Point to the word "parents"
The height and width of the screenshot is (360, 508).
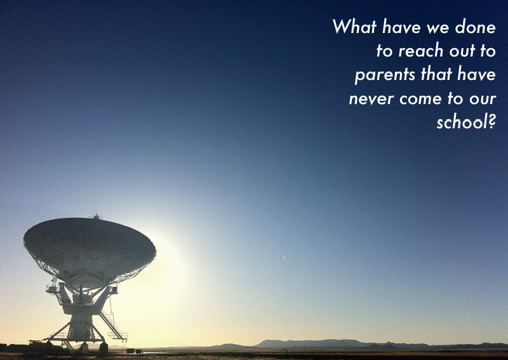(x=385, y=75)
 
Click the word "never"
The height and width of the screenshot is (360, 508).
(x=371, y=99)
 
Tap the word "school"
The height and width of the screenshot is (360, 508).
(x=461, y=122)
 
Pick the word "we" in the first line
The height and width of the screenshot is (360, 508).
(x=438, y=28)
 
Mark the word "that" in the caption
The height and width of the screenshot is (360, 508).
(x=436, y=74)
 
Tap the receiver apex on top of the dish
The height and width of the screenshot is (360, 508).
(x=97, y=216)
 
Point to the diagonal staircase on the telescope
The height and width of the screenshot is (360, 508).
(x=114, y=326)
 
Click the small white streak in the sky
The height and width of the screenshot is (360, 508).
(x=284, y=257)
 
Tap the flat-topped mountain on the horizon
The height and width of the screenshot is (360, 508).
(x=311, y=343)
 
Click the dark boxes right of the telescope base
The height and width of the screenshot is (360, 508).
(x=134, y=350)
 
